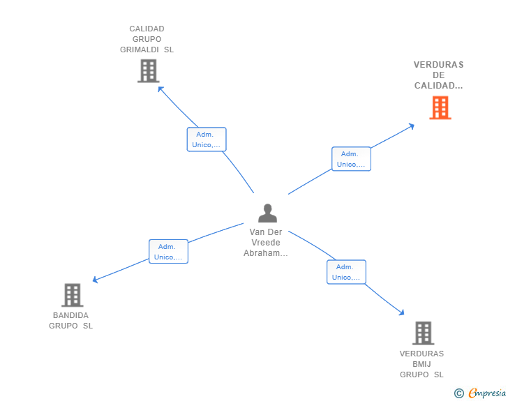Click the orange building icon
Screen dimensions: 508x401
click(x=440, y=107)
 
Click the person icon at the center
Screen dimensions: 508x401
click(x=268, y=213)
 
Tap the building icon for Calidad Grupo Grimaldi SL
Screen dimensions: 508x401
click(x=149, y=70)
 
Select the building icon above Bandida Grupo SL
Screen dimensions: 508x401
click(x=73, y=295)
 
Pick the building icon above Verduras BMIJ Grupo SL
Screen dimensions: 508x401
click(x=423, y=333)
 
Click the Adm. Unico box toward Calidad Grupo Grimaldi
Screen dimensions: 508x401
click(x=207, y=139)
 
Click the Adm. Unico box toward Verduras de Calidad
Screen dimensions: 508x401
click(x=351, y=159)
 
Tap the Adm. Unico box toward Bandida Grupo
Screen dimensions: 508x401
click(x=168, y=251)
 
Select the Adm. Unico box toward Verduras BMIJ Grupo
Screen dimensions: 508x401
click(x=346, y=272)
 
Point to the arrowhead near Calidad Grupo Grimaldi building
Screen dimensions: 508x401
click(x=159, y=88)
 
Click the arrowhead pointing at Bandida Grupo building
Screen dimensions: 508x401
click(x=94, y=280)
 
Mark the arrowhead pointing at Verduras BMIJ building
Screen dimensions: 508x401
click(x=403, y=313)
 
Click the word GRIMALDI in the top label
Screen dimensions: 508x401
click(x=140, y=50)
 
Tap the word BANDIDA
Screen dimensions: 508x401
click(x=70, y=315)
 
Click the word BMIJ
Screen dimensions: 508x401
click(x=421, y=364)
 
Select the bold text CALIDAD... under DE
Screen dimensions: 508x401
click(x=438, y=86)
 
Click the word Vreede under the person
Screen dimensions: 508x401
click(x=266, y=242)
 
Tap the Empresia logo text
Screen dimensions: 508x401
click(x=487, y=393)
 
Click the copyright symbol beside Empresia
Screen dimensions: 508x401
click(x=458, y=393)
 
